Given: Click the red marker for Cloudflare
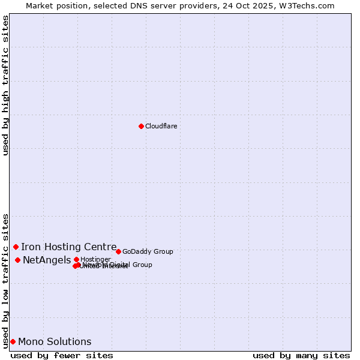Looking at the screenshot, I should click(141, 126).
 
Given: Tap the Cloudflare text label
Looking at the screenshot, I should click(161, 126).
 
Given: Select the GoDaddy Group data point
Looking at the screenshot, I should click(118, 251).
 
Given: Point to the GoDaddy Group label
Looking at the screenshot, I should click(148, 251).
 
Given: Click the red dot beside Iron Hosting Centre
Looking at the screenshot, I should click(16, 247).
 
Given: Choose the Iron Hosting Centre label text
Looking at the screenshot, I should click(68, 247).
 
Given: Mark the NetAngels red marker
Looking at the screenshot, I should click(17, 260).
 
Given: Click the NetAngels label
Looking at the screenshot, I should click(47, 260).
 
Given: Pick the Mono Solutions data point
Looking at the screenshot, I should click(13, 341).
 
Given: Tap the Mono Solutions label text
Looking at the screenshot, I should click(55, 341).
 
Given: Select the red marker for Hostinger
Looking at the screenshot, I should click(76, 259).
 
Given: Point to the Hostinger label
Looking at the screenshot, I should click(95, 259).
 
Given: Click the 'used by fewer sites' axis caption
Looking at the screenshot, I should click(62, 355).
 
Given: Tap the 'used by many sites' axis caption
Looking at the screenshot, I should click(301, 355).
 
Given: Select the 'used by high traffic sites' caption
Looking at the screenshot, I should click(5, 85).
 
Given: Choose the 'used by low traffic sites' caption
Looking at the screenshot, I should click(5, 280).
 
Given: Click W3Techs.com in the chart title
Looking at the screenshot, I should click(309, 5).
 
